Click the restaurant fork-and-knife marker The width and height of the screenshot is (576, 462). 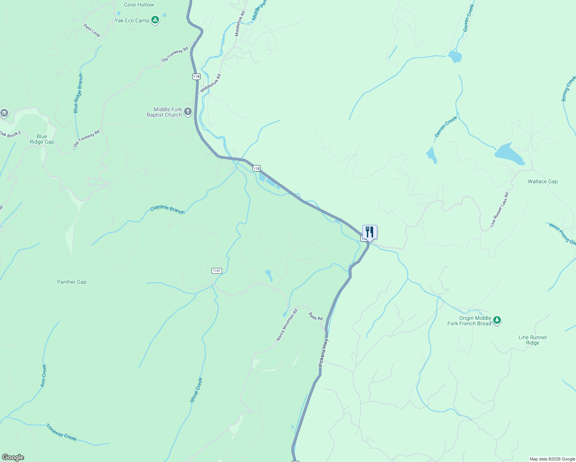click(x=370, y=232)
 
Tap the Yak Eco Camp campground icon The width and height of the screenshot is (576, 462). click(x=155, y=20)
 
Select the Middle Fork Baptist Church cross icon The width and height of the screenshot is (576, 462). click(x=188, y=112)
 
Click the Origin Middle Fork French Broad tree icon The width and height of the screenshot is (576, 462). click(x=497, y=320)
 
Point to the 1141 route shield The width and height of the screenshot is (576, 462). click(x=217, y=271)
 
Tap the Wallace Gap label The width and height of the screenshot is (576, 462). click(x=543, y=181)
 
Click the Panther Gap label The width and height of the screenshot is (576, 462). click(x=72, y=282)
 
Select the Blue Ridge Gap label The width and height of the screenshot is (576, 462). click(x=42, y=139)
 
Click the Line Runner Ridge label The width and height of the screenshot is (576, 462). click(x=532, y=340)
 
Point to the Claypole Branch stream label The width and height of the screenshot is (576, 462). click(x=167, y=210)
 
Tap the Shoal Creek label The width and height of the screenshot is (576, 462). click(x=196, y=390)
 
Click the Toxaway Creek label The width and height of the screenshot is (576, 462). click(x=61, y=432)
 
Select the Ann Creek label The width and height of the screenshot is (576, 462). click(x=44, y=375)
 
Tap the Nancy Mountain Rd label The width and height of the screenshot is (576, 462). click(x=287, y=325)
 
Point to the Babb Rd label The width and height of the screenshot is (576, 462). click(x=316, y=316)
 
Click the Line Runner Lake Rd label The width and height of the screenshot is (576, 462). click(x=499, y=210)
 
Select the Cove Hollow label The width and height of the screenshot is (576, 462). click(x=139, y=5)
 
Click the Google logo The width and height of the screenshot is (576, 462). click(x=13, y=457)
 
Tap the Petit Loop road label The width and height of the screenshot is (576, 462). click(x=92, y=30)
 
